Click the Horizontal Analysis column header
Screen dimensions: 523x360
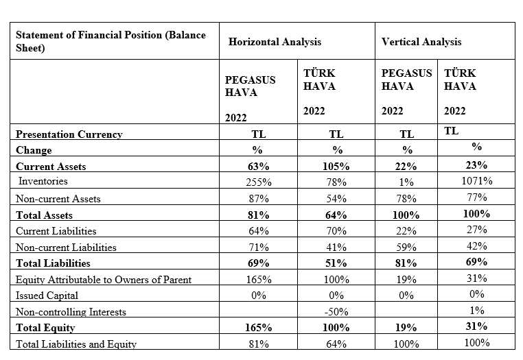(x=275, y=42)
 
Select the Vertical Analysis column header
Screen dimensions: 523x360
(x=421, y=42)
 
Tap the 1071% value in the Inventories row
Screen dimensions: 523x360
(x=477, y=180)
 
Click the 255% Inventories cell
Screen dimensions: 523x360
(x=259, y=182)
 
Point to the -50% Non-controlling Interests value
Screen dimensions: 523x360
(x=336, y=312)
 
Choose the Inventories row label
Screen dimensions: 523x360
(x=43, y=181)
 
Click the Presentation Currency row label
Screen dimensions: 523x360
(x=69, y=134)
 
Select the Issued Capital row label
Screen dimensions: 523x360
(x=47, y=296)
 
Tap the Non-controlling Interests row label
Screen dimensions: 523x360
(x=71, y=312)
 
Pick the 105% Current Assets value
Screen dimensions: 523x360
(x=336, y=166)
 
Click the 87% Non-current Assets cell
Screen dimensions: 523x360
(x=259, y=199)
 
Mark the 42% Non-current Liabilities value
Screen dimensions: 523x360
(x=477, y=246)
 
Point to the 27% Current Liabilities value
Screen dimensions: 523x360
(x=477, y=229)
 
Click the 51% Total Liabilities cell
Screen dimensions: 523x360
(x=336, y=263)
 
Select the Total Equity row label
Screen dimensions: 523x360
(x=45, y=328)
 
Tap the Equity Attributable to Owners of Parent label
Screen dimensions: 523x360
(x=104, y=279)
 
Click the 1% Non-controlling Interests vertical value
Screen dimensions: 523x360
(x=477, y=311)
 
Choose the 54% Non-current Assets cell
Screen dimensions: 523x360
(x=336, y=199)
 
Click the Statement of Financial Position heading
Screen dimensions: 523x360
(x=111, y=41)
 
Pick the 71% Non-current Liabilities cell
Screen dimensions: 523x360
(x=259, y=248)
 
